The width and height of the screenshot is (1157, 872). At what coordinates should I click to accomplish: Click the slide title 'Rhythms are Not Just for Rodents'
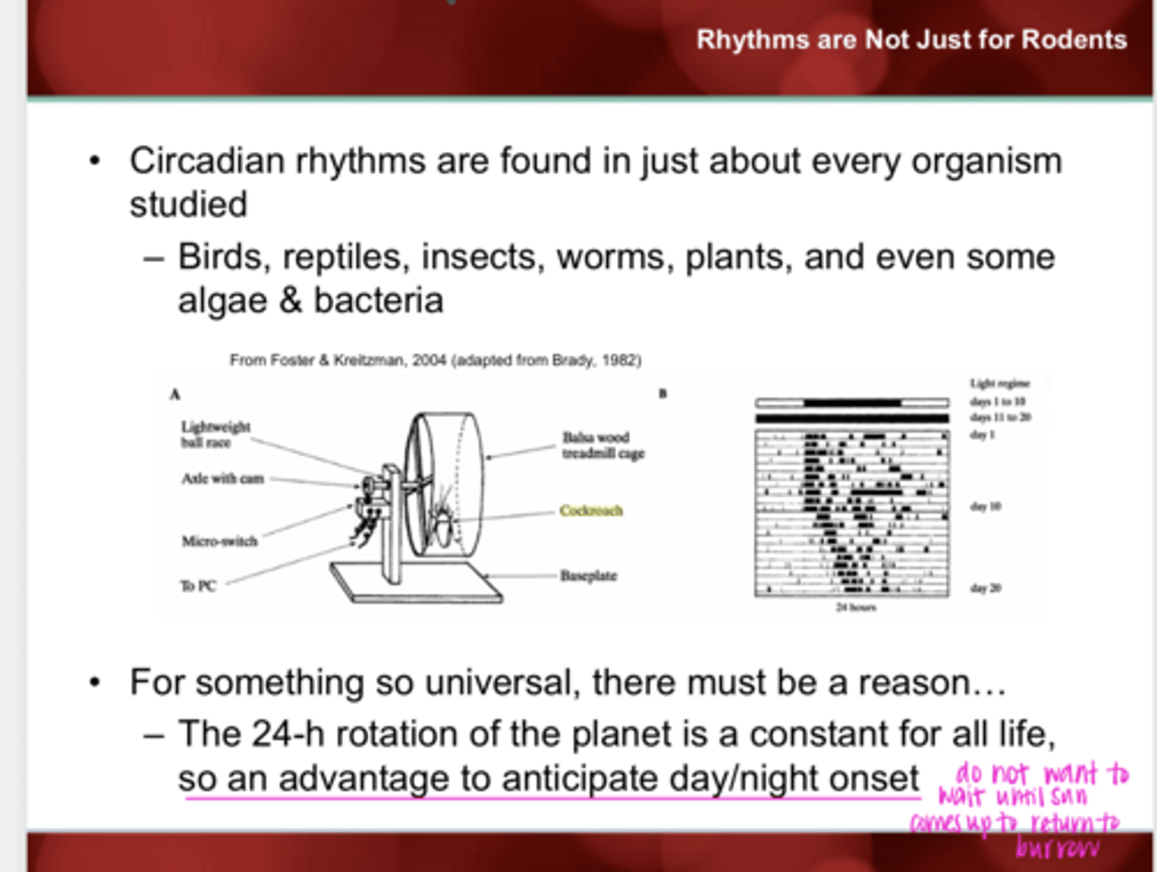click(911, 39)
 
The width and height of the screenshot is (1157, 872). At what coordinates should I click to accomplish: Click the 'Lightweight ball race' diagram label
click(215, 435)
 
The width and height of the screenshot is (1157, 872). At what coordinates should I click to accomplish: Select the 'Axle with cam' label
click(223, 479)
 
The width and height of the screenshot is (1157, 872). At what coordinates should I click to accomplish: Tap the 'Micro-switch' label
click(219, 541)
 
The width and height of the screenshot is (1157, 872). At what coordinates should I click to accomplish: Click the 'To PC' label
click(198, 586)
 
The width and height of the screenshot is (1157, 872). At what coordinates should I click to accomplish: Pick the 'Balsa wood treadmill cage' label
click(603, 445)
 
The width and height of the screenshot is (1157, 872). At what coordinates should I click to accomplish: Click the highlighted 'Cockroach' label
click(591, 510)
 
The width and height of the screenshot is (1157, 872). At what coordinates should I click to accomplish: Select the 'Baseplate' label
click(588, 575)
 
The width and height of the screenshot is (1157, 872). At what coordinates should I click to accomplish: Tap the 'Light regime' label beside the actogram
click(1000, 383)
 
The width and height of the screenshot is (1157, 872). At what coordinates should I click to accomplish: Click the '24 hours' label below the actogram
click(856, 608)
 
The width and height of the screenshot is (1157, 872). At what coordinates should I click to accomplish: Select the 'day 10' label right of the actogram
click(985, 506)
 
